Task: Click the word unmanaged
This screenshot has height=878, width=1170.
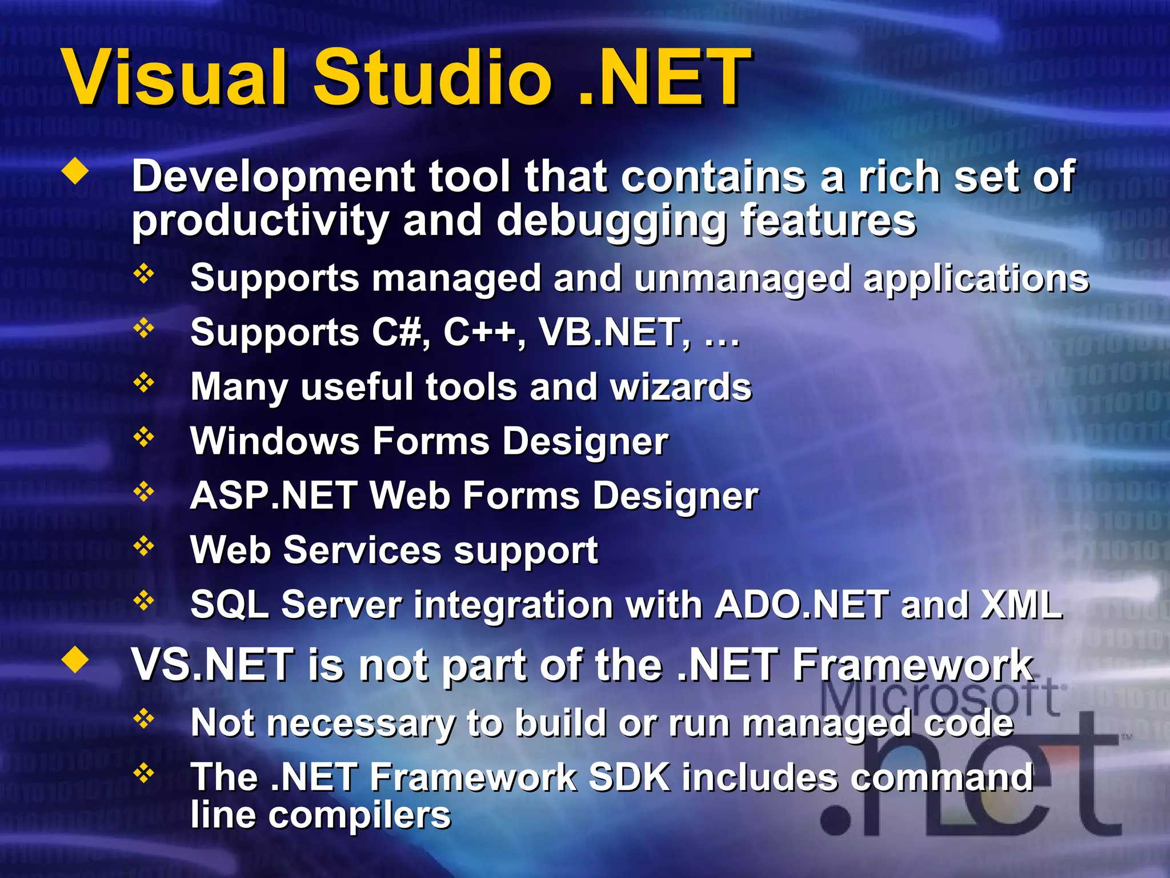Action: [742, 278]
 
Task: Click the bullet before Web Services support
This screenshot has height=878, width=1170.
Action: [144, 546]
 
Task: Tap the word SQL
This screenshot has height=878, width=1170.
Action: [229, 605]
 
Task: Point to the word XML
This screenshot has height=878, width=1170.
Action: [1021, 605]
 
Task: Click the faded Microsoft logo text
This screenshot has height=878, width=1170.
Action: [943, 699]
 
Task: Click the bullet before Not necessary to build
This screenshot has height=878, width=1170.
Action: [144, 719]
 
